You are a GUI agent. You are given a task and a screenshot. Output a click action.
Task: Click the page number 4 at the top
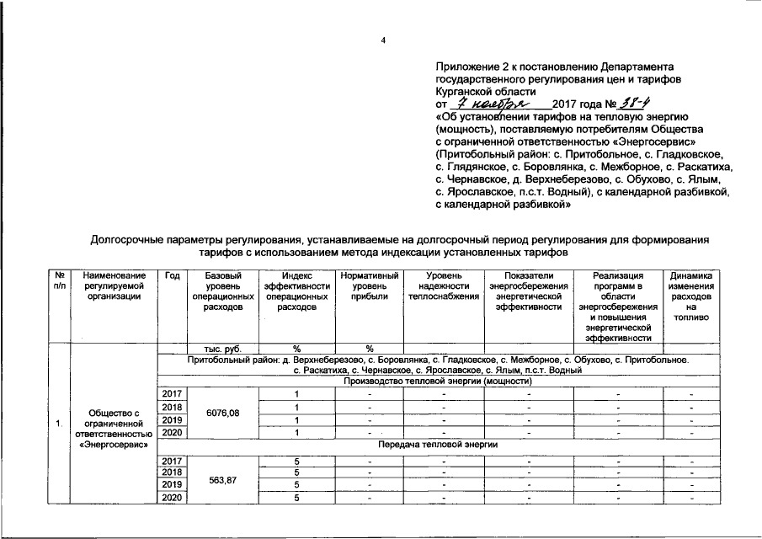[381, 41]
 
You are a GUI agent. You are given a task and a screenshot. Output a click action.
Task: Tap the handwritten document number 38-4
[623, 102]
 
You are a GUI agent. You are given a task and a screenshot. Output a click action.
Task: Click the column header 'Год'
[172, 275]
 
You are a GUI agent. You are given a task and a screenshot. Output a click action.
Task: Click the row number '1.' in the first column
[59, 423]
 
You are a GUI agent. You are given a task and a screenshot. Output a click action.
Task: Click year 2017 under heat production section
[172, 393]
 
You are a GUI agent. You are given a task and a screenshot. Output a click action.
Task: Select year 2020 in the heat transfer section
[172, 499]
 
